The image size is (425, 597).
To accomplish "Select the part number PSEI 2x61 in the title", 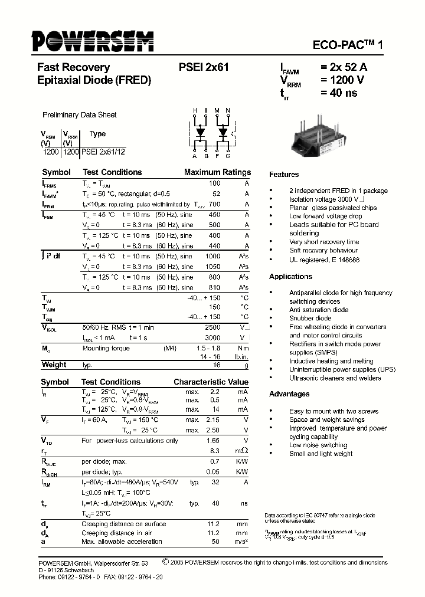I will pyautogui.click(x=203, y=68).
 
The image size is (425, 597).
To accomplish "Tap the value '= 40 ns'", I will pyautogui.click(x=339, y=93).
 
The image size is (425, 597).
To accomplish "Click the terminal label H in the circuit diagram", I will pyautogui.click(x=195, y=111).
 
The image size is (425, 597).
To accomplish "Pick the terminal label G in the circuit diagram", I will pyautogui.click(x=228, y=156).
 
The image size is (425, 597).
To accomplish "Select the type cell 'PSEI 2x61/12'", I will pyautogui.click(x=103, y=152).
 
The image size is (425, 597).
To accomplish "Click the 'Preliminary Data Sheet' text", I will pyautogui.click(x=80, y=115).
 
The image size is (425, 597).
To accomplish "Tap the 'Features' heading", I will pyautogui.click(x=284, y=175).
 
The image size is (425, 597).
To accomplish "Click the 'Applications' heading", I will pyautogui.click(x=290, y=277).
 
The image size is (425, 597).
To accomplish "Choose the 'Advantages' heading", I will pyautogui.click(x=289, y=394).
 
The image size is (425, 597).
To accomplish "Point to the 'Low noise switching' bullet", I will pyautogui.click(x=318, y=445).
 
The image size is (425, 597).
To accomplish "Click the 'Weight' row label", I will pyautogui.click(x=54, y=365).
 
